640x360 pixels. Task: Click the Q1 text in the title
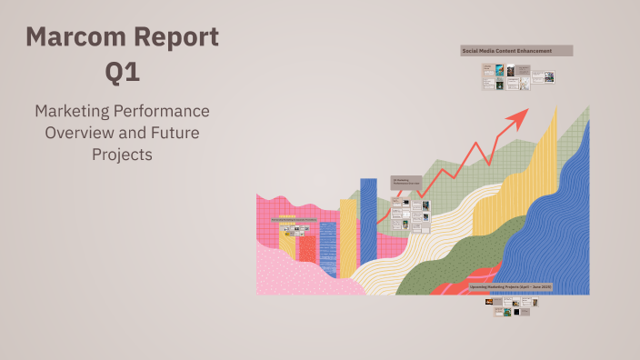[x=122, y=73]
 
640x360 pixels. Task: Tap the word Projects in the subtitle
[x=122, y=155]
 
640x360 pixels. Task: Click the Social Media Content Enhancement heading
[x=516, y=51]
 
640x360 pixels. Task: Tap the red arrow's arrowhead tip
[x=525, y=111]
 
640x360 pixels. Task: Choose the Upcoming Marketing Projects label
[x=511, y=285]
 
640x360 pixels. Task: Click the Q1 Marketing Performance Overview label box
[x=405, y=183]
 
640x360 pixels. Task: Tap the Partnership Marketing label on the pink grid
[x=288, y=220]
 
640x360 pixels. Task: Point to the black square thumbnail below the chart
[x=516, y=312]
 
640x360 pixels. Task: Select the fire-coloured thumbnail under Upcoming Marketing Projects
[x=498, y=301]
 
